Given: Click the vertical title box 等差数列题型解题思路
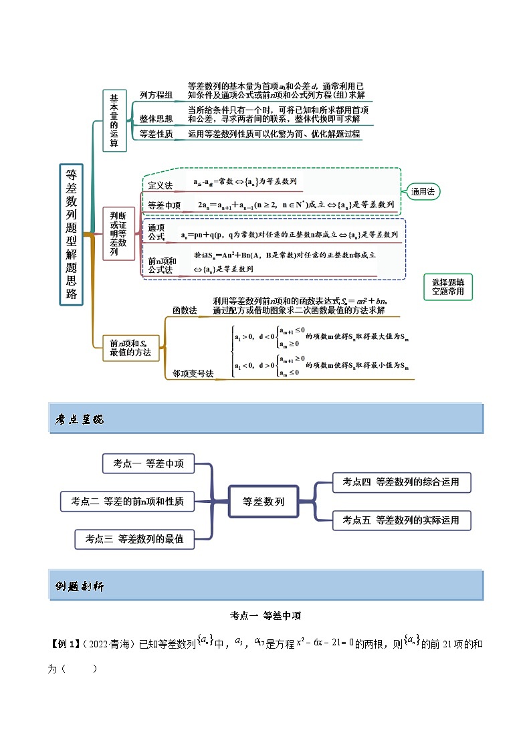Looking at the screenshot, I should click(x=71, y=234).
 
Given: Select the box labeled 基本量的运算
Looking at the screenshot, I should click(x=114, y=120).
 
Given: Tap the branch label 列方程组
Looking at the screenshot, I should click(x=156, y=96).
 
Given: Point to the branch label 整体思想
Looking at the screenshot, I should click(x=156, y=118).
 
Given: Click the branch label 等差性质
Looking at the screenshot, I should click(x=156, y=134).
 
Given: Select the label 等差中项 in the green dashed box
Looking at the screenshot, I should click(x=164, y=205).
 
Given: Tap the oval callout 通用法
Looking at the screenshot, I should click(x=423, y=191).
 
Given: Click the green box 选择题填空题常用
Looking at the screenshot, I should click(x=447, y=287).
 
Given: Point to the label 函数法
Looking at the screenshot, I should click(x=184, y=310).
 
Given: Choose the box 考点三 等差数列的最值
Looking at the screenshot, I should click(x=134, y=538).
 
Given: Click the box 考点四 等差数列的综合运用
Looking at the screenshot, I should click(x=401, y=481).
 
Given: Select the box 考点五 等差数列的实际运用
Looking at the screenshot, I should click(x=401, y=520).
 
